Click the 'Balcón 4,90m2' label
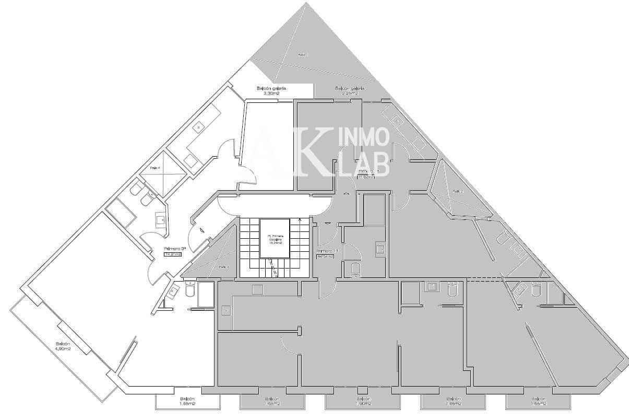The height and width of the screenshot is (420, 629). click(x=63, y=346)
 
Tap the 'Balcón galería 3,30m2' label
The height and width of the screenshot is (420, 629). click(x=271, y=91)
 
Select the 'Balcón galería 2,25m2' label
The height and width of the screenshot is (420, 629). click(x=350, y=91)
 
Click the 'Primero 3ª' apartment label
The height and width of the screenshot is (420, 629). click(x=175, y=248)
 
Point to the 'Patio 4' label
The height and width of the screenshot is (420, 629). click(x=155, y=168)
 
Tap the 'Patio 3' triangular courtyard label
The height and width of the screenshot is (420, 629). click(x=223, y=266)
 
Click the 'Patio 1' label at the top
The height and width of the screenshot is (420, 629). click(x=303, y=54)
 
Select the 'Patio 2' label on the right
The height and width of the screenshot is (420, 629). click(x=457, y=191)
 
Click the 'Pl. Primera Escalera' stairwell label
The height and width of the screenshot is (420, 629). click(x=275, y=239)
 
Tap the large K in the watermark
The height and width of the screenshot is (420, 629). click(x=312, y=151)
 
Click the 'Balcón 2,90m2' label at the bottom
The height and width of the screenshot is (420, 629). click(x=364, y=401)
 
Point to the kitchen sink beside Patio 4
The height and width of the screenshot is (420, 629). click(x=199, y=127)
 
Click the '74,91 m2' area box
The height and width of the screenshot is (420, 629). click(x=173, y=254)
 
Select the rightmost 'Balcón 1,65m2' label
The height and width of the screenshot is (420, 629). click(x=538, y=401)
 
